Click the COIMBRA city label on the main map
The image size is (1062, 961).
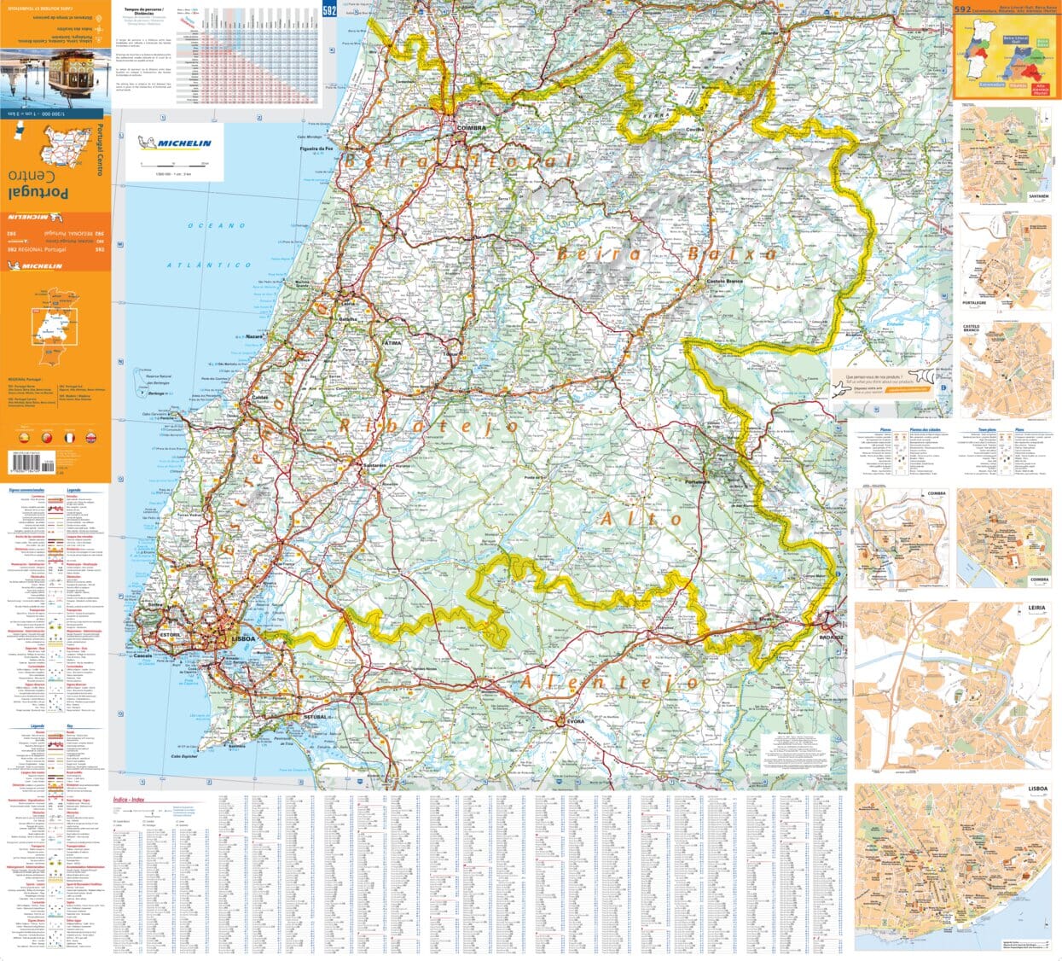click(x=471, y=128)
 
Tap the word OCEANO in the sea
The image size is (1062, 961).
click(x=217, y=225)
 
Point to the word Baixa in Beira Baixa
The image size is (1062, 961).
click(x=732, y=253)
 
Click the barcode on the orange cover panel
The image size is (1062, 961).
click(x=26, y=460)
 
